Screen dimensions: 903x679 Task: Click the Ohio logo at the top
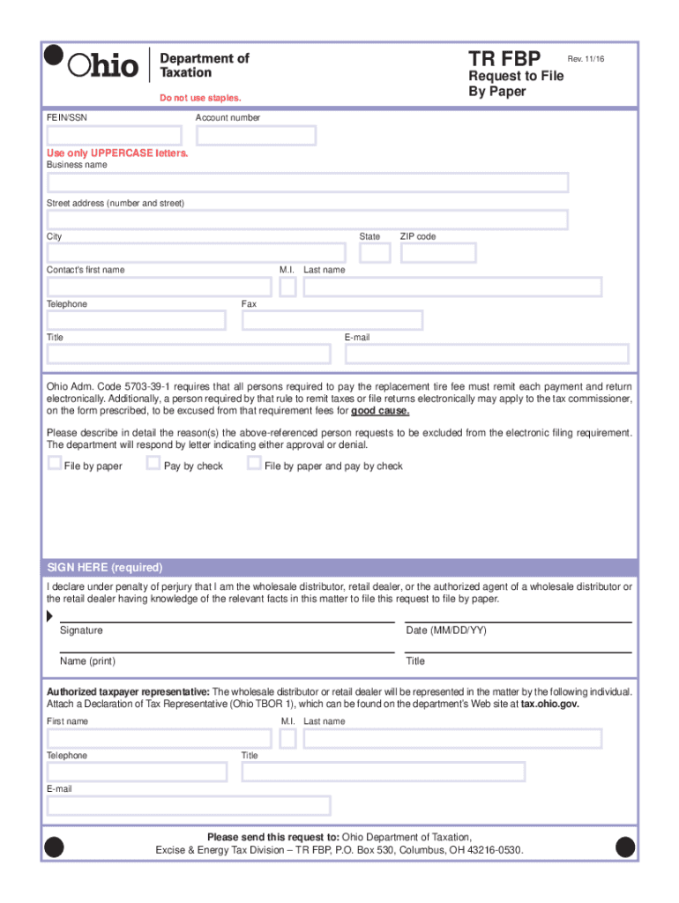104,64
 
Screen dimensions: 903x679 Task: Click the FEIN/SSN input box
115,136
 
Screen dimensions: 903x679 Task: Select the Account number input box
256,136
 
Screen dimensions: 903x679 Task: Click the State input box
375,253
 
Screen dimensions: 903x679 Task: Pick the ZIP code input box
437,253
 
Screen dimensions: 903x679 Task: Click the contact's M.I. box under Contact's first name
287,287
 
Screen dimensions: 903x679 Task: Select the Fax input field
332,320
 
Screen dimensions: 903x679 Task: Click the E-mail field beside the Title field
486,354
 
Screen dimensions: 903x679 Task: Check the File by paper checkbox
55,463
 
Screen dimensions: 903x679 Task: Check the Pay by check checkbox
153,463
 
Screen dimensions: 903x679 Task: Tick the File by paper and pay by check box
254,463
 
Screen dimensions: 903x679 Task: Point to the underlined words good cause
380,411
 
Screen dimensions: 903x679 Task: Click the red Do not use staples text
199,98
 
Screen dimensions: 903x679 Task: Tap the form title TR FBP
504,59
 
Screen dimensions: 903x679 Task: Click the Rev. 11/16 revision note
586,58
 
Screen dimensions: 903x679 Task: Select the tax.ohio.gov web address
550,705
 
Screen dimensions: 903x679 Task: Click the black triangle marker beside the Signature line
49,615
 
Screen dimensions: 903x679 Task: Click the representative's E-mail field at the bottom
189,805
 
